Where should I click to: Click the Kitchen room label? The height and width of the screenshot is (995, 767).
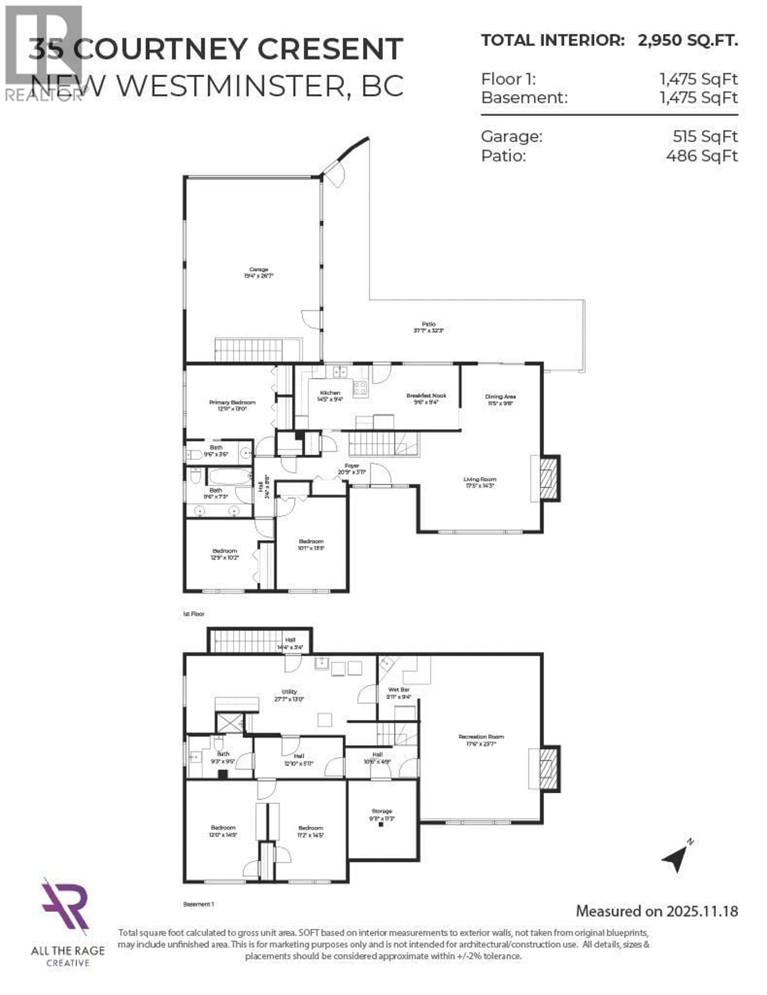tap(330, 393)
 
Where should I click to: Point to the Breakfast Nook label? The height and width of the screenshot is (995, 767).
tap(426, 395)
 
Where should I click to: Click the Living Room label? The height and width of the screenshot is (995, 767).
tap(480, 479)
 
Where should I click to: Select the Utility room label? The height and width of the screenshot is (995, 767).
tap(289, 692)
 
